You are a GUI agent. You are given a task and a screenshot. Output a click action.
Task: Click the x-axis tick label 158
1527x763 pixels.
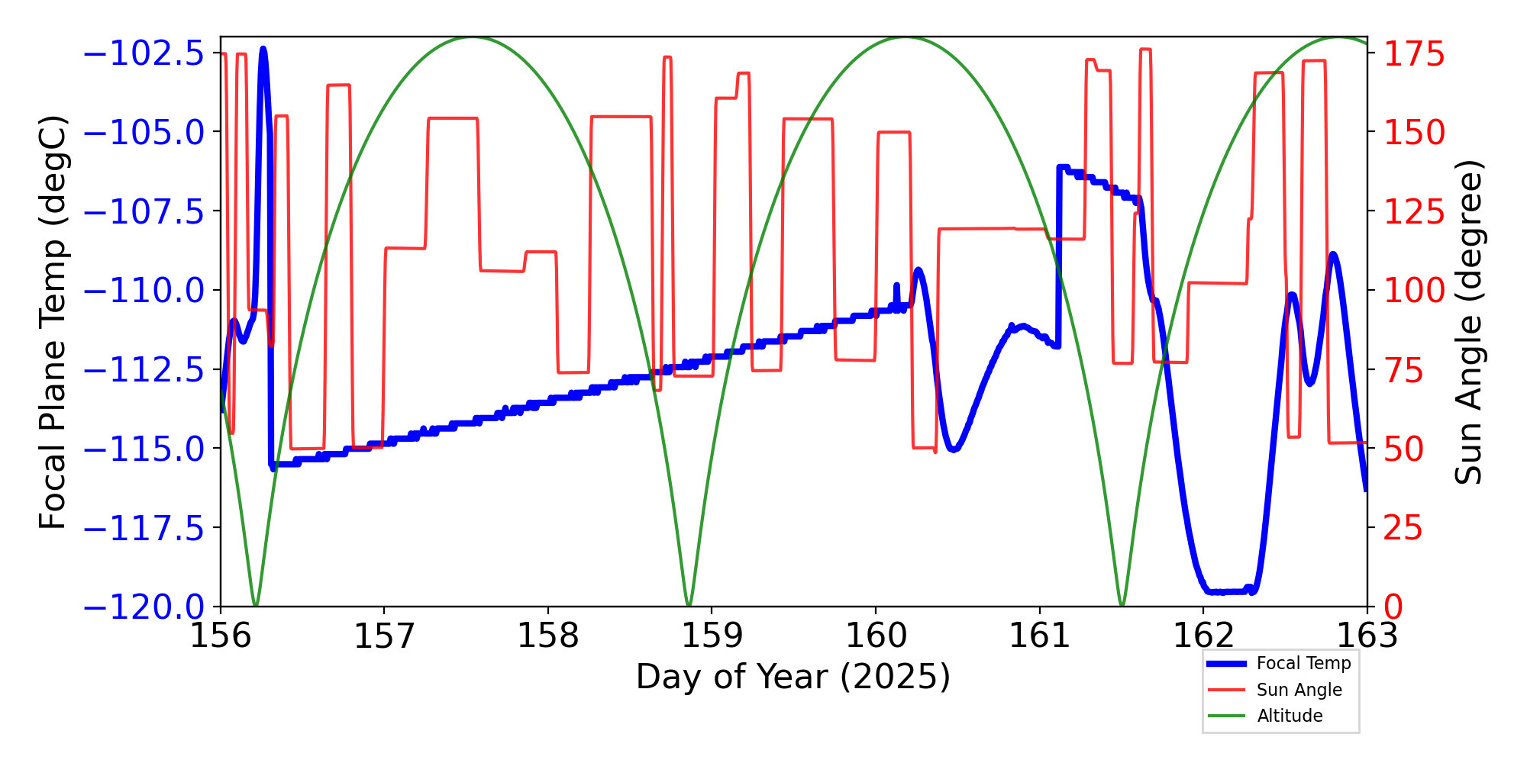(547, 636)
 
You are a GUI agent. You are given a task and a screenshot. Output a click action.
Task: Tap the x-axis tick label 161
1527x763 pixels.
(1039, 636)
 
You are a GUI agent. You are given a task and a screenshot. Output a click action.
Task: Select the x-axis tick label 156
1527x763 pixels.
(221, 636)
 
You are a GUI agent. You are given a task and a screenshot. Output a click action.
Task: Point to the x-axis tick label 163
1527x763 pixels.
(1367, 636)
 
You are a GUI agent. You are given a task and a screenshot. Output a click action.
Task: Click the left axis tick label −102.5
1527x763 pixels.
(144, 54)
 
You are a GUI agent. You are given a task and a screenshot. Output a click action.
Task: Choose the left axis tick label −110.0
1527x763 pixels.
(144, 291)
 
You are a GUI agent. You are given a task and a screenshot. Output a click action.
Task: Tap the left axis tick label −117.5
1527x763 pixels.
(144, 528)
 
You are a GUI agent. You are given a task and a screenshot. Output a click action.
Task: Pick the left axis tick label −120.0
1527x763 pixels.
(144, 607)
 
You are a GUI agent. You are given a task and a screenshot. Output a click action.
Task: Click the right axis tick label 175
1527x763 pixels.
(1415, 54)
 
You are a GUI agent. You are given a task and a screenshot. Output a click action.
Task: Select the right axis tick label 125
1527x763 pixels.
(1415, 211)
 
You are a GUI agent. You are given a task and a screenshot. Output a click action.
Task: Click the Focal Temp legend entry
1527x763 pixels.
(1303, 664)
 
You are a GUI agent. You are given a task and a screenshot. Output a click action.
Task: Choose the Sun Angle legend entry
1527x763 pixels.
(1299, 690)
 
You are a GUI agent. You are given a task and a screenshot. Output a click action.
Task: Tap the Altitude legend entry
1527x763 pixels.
(1290, 716)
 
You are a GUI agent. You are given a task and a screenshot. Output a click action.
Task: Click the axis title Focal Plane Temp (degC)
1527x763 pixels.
(53, 322)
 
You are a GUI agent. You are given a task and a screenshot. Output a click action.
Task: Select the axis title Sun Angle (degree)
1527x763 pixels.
(1467, 322)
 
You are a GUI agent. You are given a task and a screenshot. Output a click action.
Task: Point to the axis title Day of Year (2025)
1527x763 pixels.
(793, 677)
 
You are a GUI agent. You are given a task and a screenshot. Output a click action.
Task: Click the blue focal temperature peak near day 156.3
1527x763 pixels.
(263, 49)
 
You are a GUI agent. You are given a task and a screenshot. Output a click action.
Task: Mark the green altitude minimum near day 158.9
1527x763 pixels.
(689, 605)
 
